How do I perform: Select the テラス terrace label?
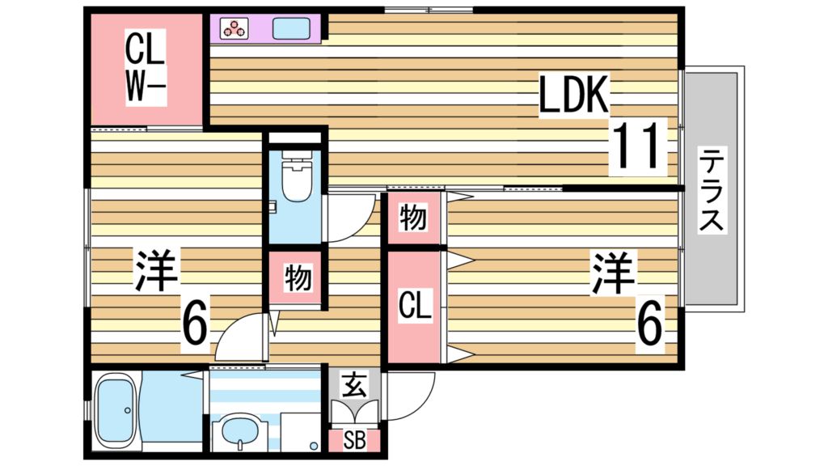pos(711,190)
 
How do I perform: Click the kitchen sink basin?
pos(290,28)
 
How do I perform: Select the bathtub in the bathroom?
pos(116,409)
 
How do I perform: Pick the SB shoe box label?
pos(353,441)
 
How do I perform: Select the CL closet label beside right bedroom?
pos(415,306)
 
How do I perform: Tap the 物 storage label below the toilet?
pos(296,278)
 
